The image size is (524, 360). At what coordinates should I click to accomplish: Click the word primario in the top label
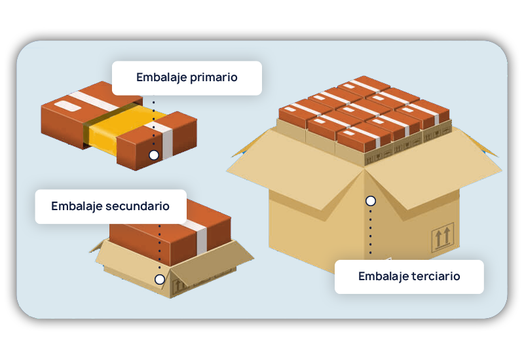pos(214,78)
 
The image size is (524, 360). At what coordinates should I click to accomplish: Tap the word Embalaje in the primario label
pos(161,77)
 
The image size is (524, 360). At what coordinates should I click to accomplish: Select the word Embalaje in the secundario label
pos(77,206)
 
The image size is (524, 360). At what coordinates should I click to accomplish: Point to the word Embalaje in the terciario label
pos(383,276)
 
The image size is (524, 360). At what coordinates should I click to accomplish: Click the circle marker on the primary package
pos(154,155)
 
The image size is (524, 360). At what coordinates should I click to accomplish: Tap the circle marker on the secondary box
pos(160,279)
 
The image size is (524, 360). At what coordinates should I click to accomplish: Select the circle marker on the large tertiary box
pos(371,201)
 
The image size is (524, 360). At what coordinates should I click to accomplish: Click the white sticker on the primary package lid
pos(67,106)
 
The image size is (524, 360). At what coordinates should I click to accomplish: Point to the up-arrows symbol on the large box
pos(443,237)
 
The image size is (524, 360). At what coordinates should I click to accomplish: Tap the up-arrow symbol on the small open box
pos(178,285)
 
